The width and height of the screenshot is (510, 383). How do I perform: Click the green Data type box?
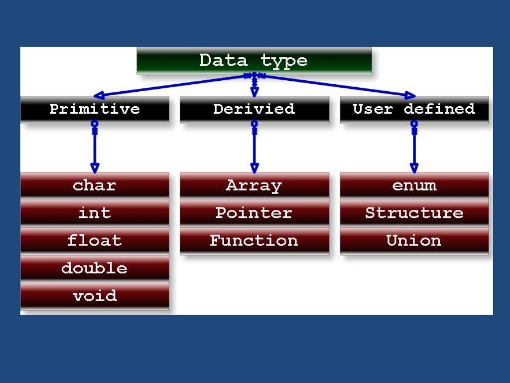(x=254, y=61)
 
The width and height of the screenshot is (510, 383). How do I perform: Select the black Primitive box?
(x=95, y=109)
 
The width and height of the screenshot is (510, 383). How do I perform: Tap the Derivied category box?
(x=254, y=109)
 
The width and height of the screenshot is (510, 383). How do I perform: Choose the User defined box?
(x=414, y=109)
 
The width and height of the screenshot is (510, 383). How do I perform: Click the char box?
(x=95, y=186)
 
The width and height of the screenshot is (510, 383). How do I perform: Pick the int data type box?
(x=95, y=213)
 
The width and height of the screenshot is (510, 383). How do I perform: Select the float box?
(x=95, y=241)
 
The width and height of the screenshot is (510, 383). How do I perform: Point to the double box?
(x=95, y=268)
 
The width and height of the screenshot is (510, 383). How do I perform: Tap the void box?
(x=95, y=296)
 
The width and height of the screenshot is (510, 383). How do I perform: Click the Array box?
(x=254, y=186)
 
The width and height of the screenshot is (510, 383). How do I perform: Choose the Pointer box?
(x=254, y=213)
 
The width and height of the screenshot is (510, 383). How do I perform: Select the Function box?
(x=254, y=241)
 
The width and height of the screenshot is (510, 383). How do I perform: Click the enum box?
(x=414, y=186)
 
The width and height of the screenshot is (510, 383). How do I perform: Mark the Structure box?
(x=414, y=213)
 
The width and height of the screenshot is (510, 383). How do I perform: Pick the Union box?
(x=414, y=241)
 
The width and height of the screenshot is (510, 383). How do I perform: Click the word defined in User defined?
(x=439, y=109)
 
